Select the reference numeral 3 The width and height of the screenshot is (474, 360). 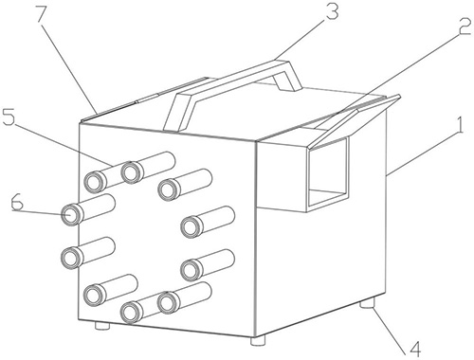(x=333, y=11)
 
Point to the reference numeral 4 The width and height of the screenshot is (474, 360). (x=414, y=348)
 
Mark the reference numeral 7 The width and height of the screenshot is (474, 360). (x=44, y=13)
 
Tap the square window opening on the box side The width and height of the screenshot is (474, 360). (x=329, y=172)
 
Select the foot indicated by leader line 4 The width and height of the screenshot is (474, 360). (x=368, y=303)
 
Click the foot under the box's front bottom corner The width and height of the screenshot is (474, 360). (x=258, y=340)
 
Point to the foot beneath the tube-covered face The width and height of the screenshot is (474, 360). (x=101, y=325)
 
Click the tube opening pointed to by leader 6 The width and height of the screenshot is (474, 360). (x=70, y=214)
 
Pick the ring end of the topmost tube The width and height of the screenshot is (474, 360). (x=131, y=171)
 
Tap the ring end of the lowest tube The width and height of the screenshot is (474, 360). (x=131, y=313)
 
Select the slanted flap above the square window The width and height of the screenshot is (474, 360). (x=355, y=120)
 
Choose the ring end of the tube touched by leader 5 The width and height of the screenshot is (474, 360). (x=94, y=182)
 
